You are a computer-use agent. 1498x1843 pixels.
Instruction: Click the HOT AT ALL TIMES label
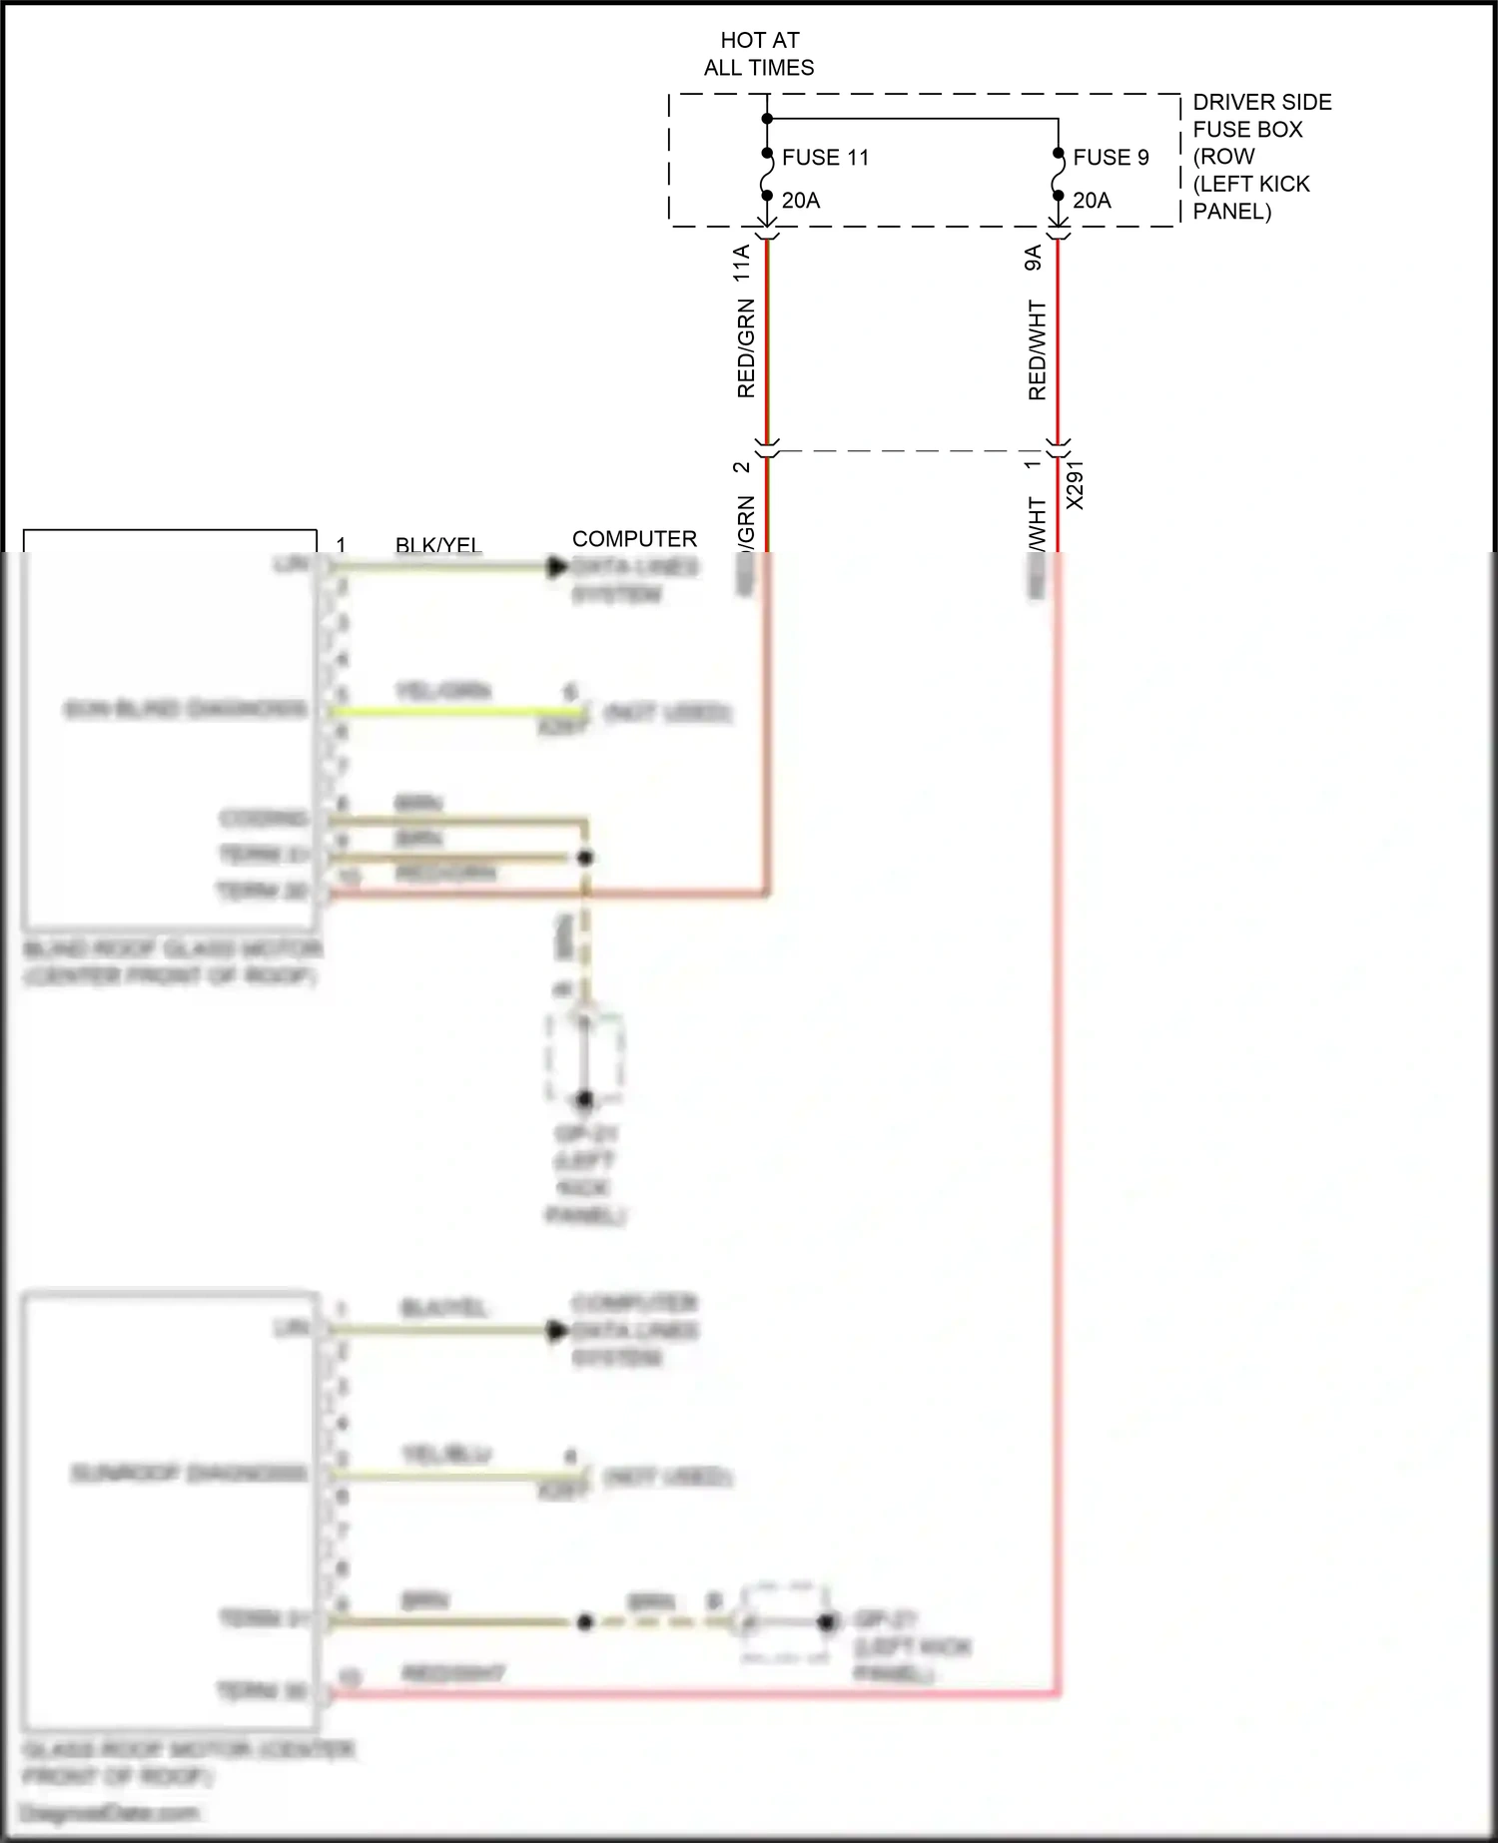click(759, 54)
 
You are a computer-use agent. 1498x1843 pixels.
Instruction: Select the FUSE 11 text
click(825, 158)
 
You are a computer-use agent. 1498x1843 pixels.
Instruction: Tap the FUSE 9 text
click(1111, 158)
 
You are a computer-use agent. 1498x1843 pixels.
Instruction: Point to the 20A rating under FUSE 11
click(801, 201)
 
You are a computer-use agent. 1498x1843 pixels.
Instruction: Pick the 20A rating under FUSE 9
click(1092, 201)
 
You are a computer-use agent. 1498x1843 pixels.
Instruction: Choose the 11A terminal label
click(742, 264)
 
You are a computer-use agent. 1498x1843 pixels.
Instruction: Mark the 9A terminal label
click(1034, 259)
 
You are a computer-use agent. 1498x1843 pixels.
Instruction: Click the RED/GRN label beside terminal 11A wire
click(746, 349)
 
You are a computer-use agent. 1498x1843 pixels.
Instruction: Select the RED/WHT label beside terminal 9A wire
click(1038, 350)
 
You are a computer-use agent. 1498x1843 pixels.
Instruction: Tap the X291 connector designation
click(1076, 485)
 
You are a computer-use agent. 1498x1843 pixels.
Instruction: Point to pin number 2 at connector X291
click(742, 467)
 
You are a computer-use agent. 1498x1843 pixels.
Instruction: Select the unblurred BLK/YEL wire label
click(438, 545)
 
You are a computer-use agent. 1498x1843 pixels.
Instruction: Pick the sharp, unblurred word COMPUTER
click(634, 539)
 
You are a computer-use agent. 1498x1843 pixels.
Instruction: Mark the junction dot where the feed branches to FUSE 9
click(767, 119)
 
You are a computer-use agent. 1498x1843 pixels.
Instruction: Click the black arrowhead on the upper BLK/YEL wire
click(557, 567)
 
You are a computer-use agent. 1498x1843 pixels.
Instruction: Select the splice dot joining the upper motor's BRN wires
click(586, 858)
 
